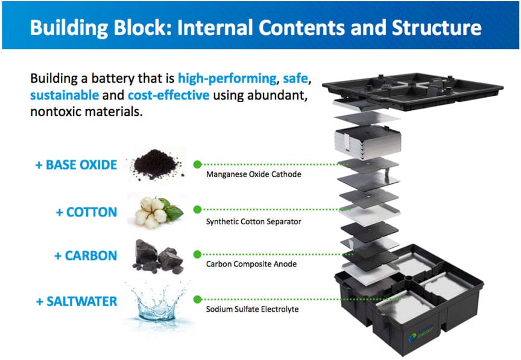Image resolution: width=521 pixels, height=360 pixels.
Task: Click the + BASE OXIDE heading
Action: point(76,165)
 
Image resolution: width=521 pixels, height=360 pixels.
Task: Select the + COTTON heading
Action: point(86,212)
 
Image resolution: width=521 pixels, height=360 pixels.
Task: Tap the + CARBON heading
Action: point(85,256)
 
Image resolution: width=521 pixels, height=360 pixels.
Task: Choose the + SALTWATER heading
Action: point(76,302)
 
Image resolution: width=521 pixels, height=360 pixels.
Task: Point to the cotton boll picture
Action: point(154,210)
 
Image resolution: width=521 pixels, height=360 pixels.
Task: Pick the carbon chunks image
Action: point(156,257)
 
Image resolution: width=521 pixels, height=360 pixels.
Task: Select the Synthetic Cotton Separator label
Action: point(253,221)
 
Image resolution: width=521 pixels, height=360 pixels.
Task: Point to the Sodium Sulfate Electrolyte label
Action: point(252,309)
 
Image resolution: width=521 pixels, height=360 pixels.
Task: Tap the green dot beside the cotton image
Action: point(197,209)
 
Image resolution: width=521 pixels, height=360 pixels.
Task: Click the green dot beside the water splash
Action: point(197,298)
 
